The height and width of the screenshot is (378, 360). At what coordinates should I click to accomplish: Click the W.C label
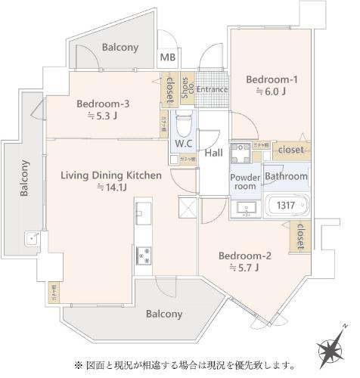tap(184, 142)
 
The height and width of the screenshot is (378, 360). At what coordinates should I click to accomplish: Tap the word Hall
tap(214, 153)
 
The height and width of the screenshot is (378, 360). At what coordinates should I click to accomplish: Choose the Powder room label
tap(244, 181)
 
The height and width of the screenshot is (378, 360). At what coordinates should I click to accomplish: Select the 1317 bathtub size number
tap(285, 204)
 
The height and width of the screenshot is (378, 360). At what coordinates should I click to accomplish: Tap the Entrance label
tap(213, 89)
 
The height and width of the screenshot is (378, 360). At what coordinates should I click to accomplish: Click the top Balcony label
tap(120, 47)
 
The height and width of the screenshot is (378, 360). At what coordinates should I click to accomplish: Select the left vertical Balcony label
tap(24, 178)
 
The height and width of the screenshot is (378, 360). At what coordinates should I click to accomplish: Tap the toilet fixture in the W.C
tap(184, 120)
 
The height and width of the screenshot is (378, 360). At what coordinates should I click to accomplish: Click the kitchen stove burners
tap(142, 256)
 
